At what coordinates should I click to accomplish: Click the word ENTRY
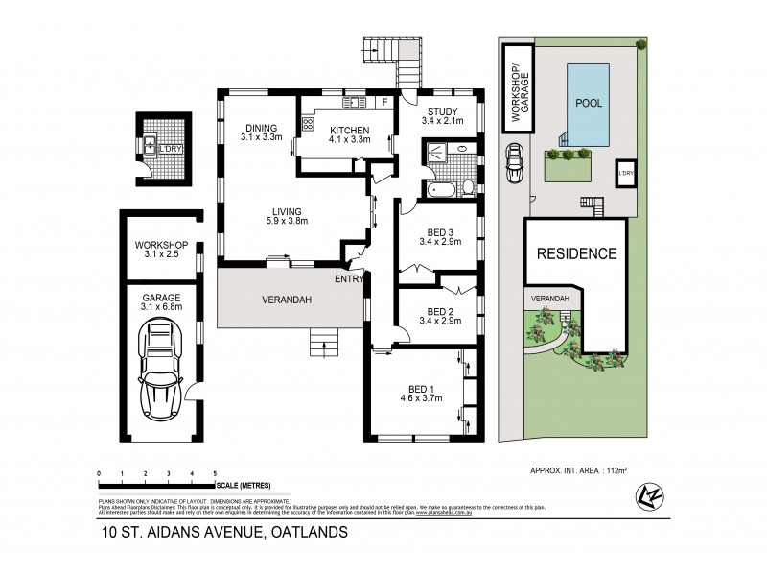tap(349, 279)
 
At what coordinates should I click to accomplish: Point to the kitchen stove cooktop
tap(309, 124)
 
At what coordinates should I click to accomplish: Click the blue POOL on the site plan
tap(589, 104)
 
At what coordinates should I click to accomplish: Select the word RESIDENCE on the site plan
tap(575, 254)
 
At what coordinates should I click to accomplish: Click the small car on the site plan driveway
tap(515, 164)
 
